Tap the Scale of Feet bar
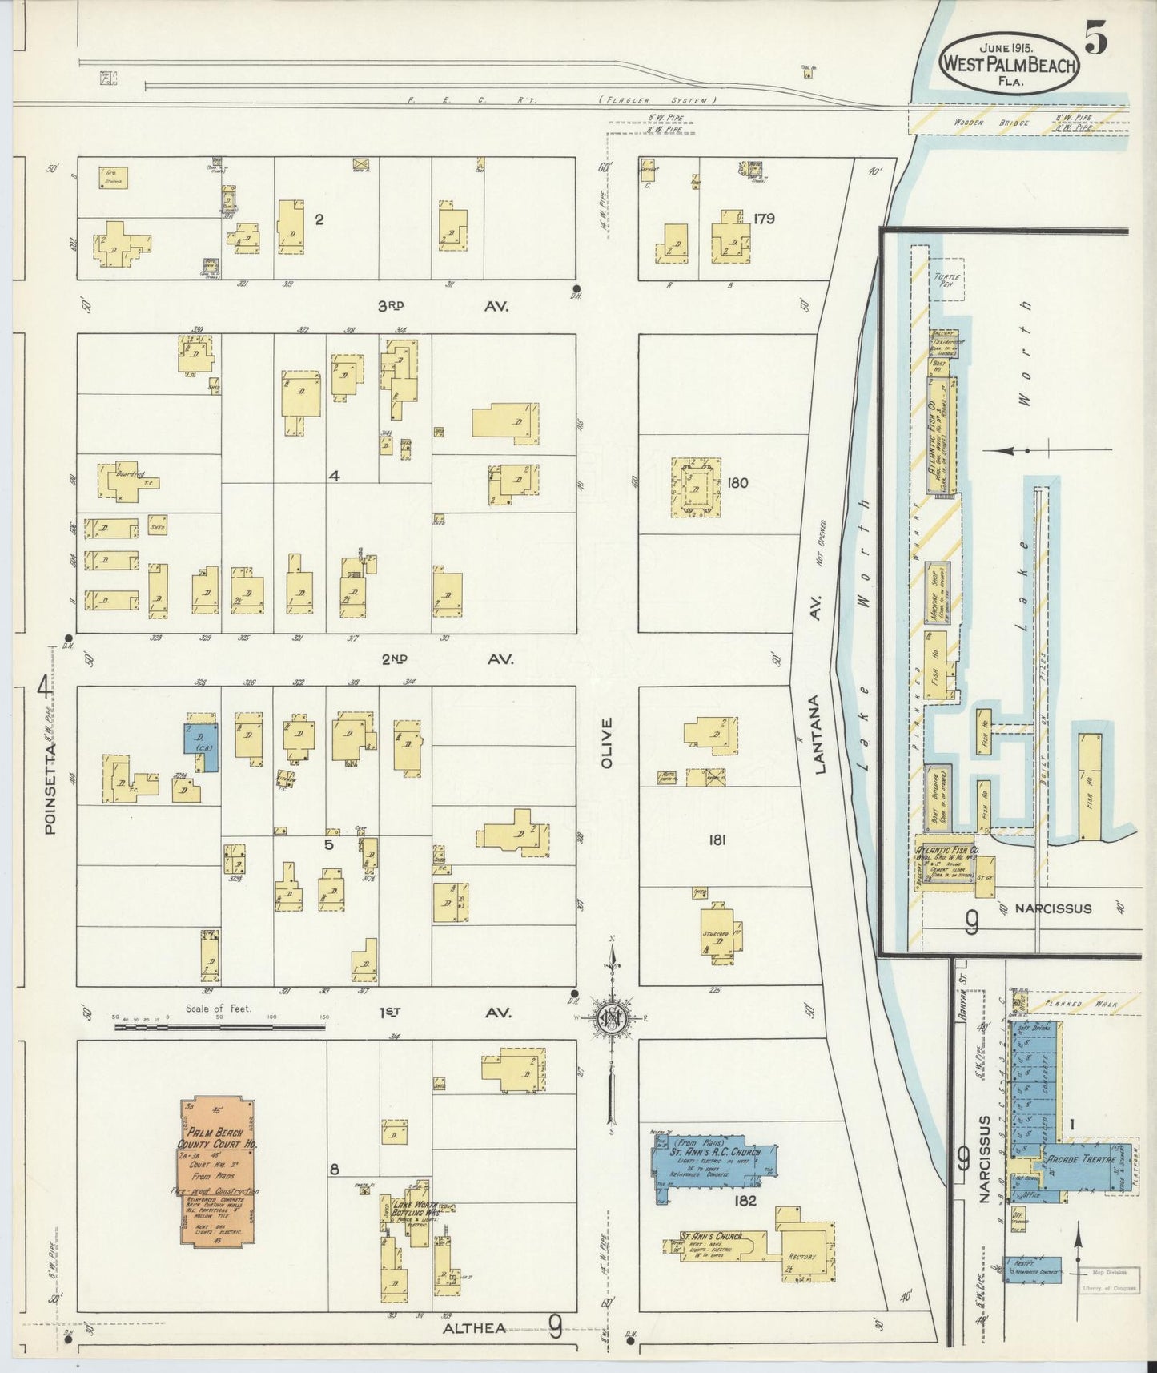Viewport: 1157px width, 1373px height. click(x=221, y=1025)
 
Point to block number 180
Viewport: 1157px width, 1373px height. click(x=737, y=482)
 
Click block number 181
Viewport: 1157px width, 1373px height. click(x=717, y=840)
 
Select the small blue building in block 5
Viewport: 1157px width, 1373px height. click(x=201, y=747)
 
